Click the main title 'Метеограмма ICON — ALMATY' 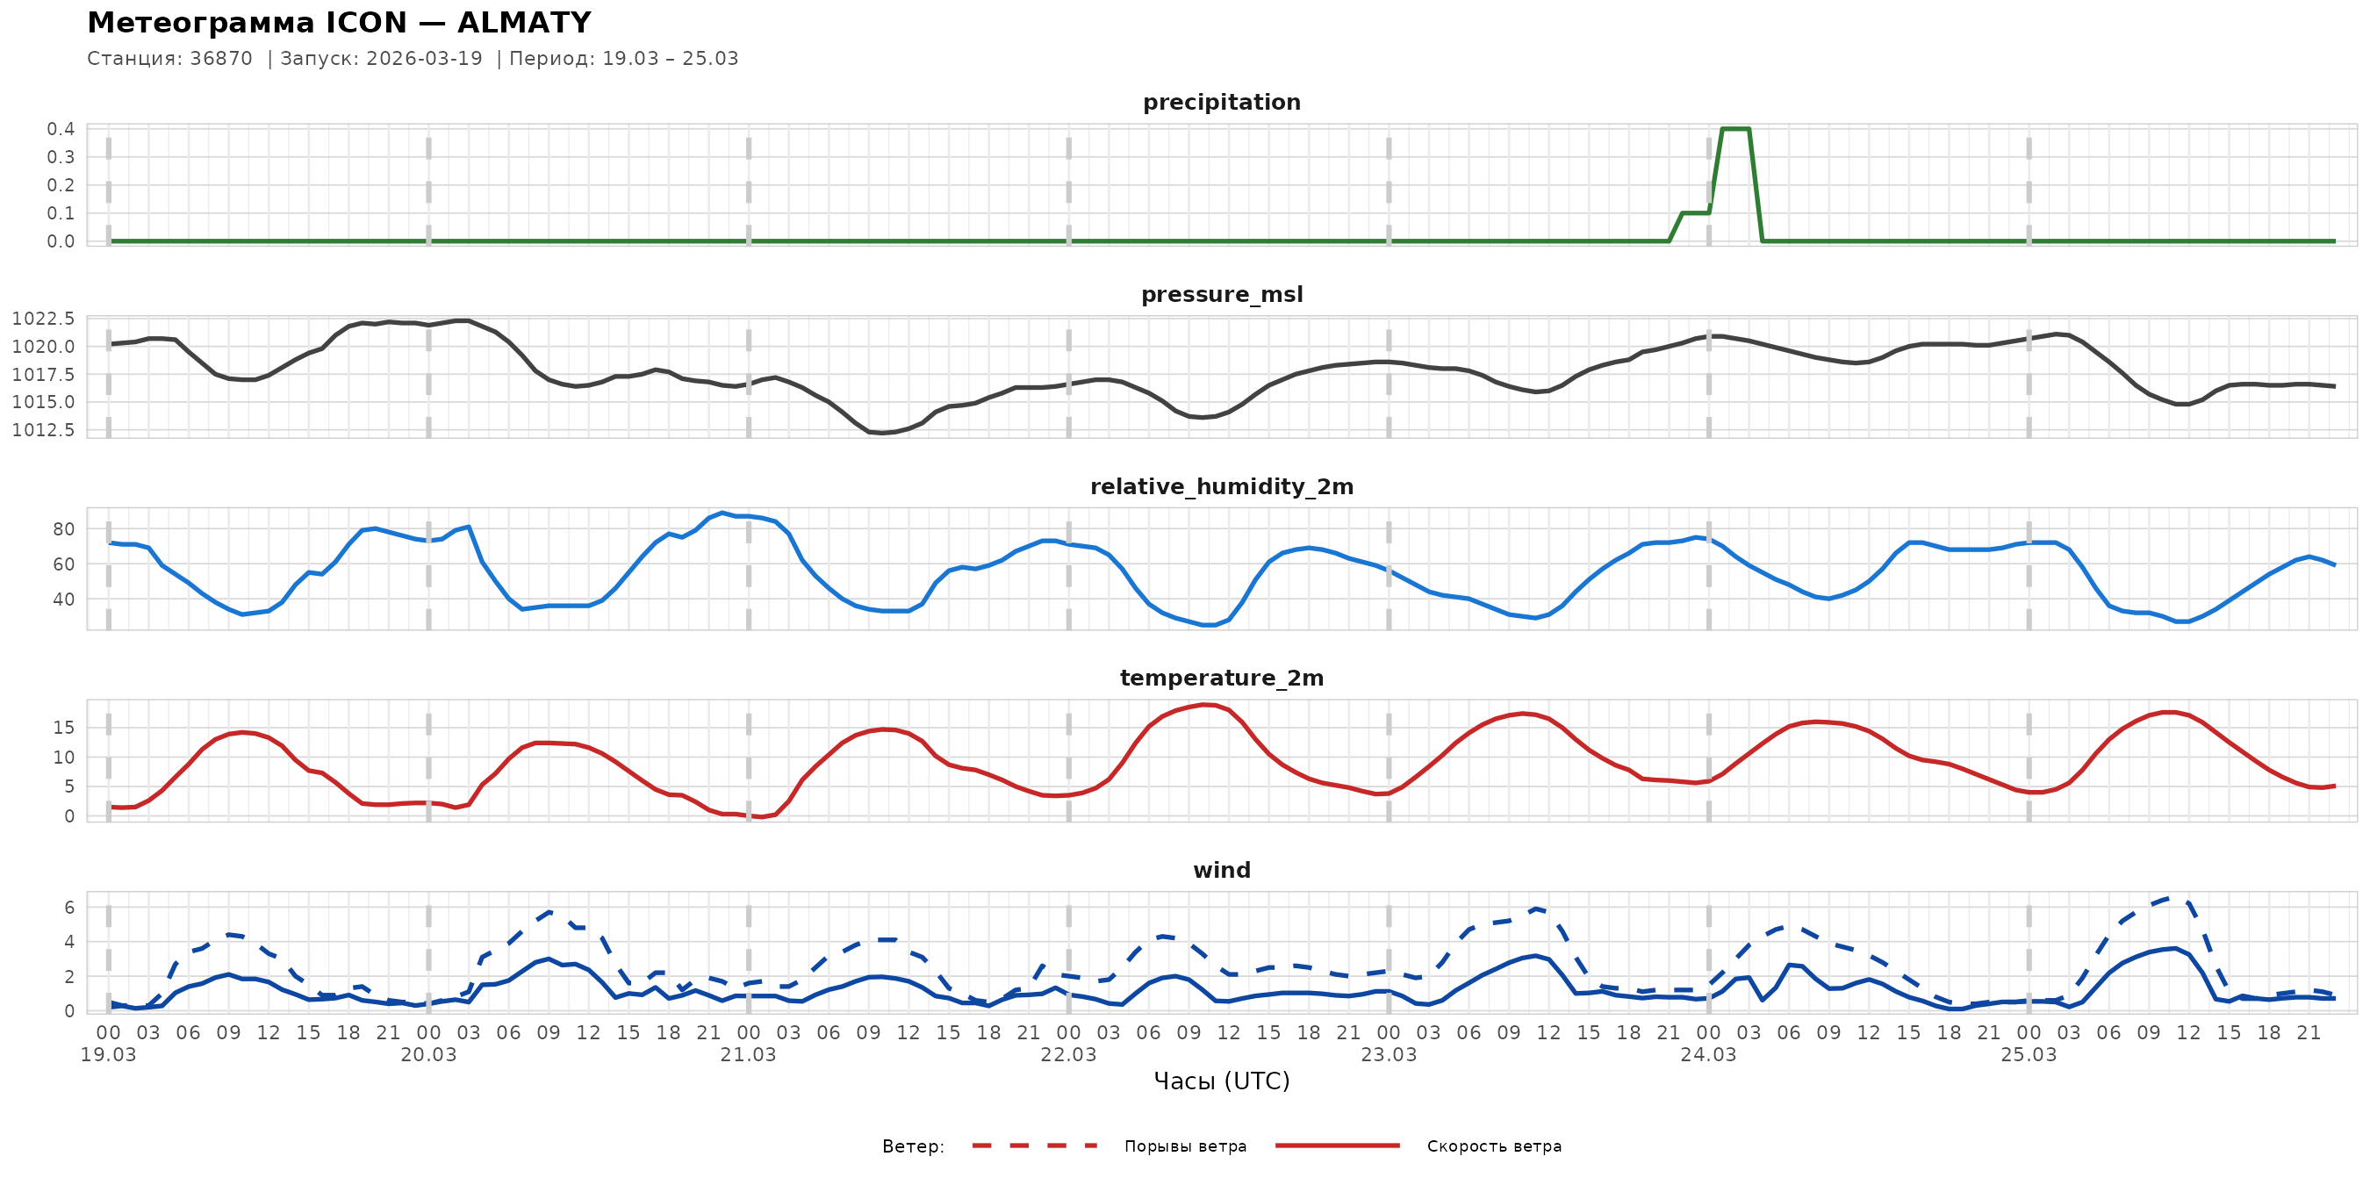pyautogui.click(x=339, y=22)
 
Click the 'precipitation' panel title pyautogui.click(x=1221, y=102)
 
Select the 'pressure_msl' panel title pyautogui.click(x=1221, y=294)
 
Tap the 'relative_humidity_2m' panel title pyautogui.click(x=1221, y=486)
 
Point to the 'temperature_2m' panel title pyautogui.click(x=1221, y=678)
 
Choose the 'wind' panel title pyautogui.click(x=1221, y=871)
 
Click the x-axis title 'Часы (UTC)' pyautogui.click(x=1221, y=1081)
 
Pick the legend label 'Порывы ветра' pyautogui.click(x=1185, y=1146)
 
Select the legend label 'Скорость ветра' pyautogui.click(x=1493, y=1146)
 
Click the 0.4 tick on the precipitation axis pyautogui.click(x=61, y=129)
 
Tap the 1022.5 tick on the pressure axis pyautogui.click(x=43, y=319)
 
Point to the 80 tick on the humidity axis pyautogui.click(x=63, y=529)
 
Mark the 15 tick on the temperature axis pyautogui.click(x=63, y=728)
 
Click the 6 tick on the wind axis pyautogui.click(x=69, y=907)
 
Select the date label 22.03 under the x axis pyautogui.click(x=1068, y=1055)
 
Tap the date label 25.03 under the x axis pyautogui.click(x=2028, y=1055)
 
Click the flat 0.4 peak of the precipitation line pyautogui.click(x=1735, y=129)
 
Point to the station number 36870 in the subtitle pyautogui.click(x=221, y=59)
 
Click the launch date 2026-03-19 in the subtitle pyautogui.click(x=424, y=59)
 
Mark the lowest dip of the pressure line pyautogui.click(x=881, y=433)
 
